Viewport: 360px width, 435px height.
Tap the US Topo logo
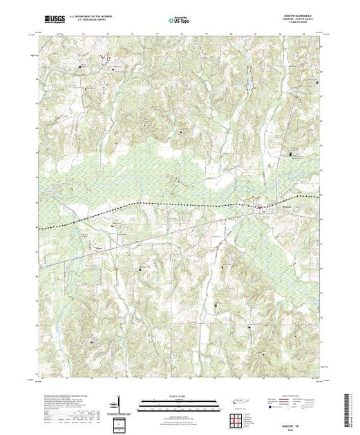coord(180,14)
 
